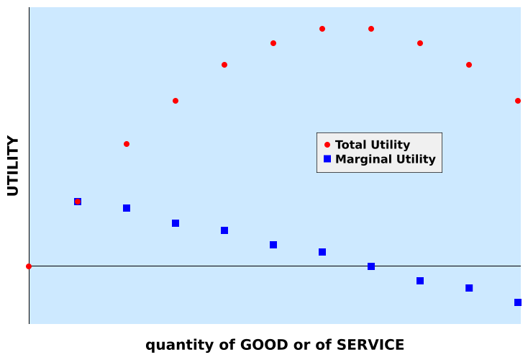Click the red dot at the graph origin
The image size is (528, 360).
pos(29,266)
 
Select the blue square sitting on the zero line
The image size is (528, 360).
pos(371,266)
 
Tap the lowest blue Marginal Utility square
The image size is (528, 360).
pos(518,302)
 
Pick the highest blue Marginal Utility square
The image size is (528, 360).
pos(78,202)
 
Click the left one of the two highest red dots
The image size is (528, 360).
pos(322,29)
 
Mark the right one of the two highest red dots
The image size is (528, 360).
pos(371,29)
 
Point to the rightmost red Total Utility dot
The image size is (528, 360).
pos(518,101)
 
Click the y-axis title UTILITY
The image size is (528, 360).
pos(13,166)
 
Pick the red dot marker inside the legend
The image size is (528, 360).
pos(327,145)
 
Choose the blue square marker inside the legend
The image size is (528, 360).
pos(327,159)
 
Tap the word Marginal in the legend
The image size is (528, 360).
pos(363,159)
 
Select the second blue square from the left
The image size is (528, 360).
pos(127,208)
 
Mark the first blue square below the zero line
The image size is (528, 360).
pos(420,281)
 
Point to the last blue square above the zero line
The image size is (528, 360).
pos(322,252)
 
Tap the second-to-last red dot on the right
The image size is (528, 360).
pos(469,65)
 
